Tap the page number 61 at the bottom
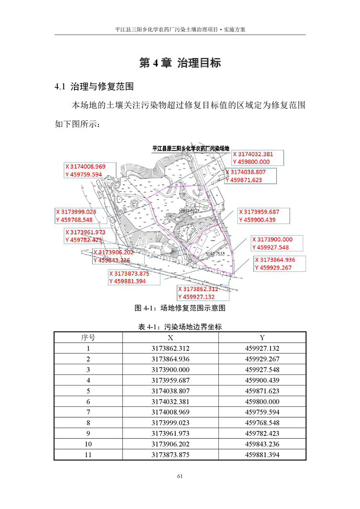click(x=180, y=476)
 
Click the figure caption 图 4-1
click(x=180, y=308)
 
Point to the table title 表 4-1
click(x=180, y=326)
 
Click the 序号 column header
click(x=88, y=338)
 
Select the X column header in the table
click(x=170, y=338)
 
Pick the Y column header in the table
click(x=262, y=338)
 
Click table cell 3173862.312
click(x=170, y=348)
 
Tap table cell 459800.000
click(x=262, y=401)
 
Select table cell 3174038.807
click(x=170, y=391)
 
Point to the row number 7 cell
click(x=88, y=412)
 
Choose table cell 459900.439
click(x=262, y=380)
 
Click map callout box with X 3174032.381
click(x=257, y=158)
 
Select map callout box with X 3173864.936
click(x=280, y=264)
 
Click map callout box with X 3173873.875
click(x=134, y=277)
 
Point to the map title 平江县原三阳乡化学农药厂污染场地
click(x=191, y=148)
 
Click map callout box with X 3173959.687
click(x=263, y=215)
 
